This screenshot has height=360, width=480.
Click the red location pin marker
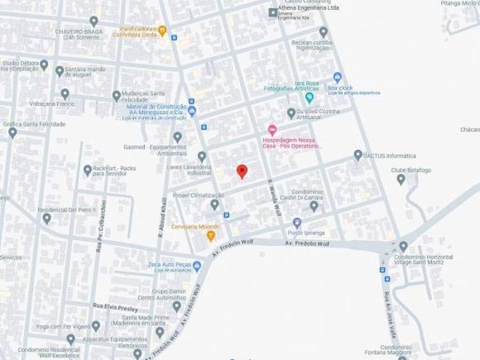[241, 172]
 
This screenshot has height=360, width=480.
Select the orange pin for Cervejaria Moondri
[211, 236]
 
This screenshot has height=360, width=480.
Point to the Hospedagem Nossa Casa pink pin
[271, 130]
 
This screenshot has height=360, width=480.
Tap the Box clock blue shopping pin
[337, 76]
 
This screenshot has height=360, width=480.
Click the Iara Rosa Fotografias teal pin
[309, 97]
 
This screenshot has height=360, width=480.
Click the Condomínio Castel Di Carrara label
[314, 195]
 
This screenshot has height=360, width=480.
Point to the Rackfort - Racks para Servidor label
[112, 172]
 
